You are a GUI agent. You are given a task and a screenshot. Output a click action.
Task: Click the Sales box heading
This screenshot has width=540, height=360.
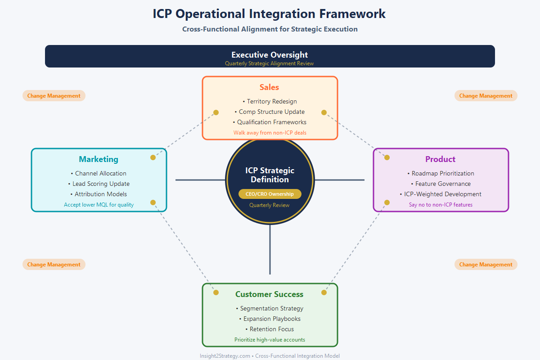pyautogui.click(x=269, y=87)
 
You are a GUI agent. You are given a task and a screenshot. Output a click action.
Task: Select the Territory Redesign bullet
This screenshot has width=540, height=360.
pyautogui.click(x=270, y=101)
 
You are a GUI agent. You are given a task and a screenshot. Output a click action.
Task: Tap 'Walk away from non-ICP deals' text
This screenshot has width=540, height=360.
pyautogui.click(x=270, y=133)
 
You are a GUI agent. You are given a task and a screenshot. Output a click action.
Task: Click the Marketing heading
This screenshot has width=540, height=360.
pyautogui.click(x=99, y=159)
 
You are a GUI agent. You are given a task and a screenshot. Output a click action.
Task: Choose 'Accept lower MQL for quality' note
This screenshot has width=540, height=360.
pyautogui.click(x=99, y=205)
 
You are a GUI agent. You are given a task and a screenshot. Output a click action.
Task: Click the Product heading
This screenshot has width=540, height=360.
pyautogui.click(x=440, y=159)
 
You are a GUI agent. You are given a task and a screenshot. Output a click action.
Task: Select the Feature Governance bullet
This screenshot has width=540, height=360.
pyautogui.click(x=441, y=184)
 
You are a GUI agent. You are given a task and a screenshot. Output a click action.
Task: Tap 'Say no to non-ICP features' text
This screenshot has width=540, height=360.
pyautogui.click(x=441, y=205)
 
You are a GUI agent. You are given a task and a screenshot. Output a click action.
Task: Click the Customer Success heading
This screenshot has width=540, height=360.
pyautogui.click(x=269, y=294)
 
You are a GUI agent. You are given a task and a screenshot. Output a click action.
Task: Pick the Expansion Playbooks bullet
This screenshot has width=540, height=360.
pyautogui.click(x=270, y=319)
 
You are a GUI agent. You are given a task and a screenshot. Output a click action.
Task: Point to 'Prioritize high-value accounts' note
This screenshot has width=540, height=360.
pyautogui.click(x=270, y=340)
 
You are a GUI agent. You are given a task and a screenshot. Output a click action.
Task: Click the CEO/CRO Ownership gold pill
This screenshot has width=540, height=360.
pyautogui.click(x=270, y=194)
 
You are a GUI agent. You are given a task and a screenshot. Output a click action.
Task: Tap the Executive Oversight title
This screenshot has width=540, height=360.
pyautogui.click(x=270, y=55)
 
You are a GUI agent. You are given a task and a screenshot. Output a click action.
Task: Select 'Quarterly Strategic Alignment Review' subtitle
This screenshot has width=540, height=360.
pyautogui.click(x=269, y=63)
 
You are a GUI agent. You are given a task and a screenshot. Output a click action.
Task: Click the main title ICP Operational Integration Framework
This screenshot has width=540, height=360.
pyautogui.click(x=269, y=13)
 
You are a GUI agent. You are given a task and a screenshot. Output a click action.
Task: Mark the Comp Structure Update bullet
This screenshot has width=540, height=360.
pyautogui.click(x=270, y=112)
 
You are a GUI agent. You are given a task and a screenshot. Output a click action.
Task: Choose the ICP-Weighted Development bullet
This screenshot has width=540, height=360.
pyautogui.click(x=441, y=194)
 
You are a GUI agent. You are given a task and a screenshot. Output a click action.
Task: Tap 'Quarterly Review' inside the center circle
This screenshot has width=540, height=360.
pyautogui.click(x=270, y=205)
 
